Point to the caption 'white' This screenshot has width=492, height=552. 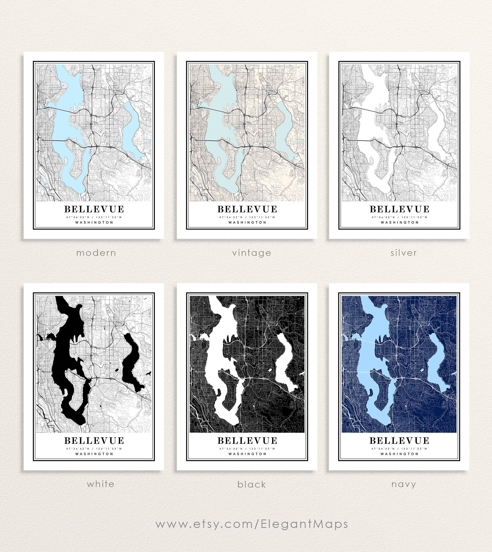[101, 484]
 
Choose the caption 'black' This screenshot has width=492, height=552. [252, 484]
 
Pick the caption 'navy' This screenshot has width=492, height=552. [404, 484]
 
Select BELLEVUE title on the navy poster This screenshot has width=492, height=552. [399, 441]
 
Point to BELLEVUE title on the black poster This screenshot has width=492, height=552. [247, 441]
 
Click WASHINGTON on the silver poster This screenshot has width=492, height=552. [400, 222]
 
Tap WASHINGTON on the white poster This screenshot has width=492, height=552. [94, 454]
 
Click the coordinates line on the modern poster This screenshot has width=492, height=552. [94, 217]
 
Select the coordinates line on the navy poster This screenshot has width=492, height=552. [399, 448]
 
